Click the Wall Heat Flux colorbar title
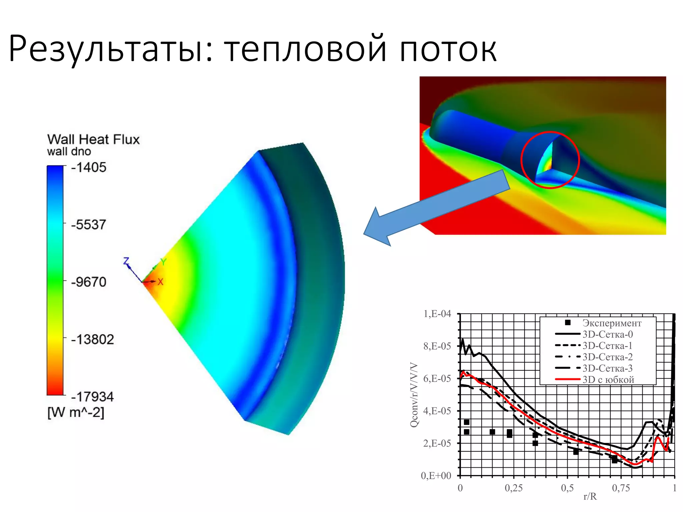[x=93, y=139]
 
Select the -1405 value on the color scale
[x=89, y=167]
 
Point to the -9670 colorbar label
[x=89, y=282]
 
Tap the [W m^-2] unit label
[x=76, y=413]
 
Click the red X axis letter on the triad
[x=160, y=282]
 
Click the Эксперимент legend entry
[x=612, y=323]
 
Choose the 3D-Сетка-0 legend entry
[x=607, y=334]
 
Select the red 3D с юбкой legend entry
[x=608, y=380]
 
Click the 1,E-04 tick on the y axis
[x=437, y=314]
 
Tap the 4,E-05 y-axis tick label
[x=437, y=411]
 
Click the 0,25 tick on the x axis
[x=514, y=488]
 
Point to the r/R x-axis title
[x=590, y=497]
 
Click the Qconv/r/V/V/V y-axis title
[x=414, y=395]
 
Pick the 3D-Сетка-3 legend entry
[x=607, y=368]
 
